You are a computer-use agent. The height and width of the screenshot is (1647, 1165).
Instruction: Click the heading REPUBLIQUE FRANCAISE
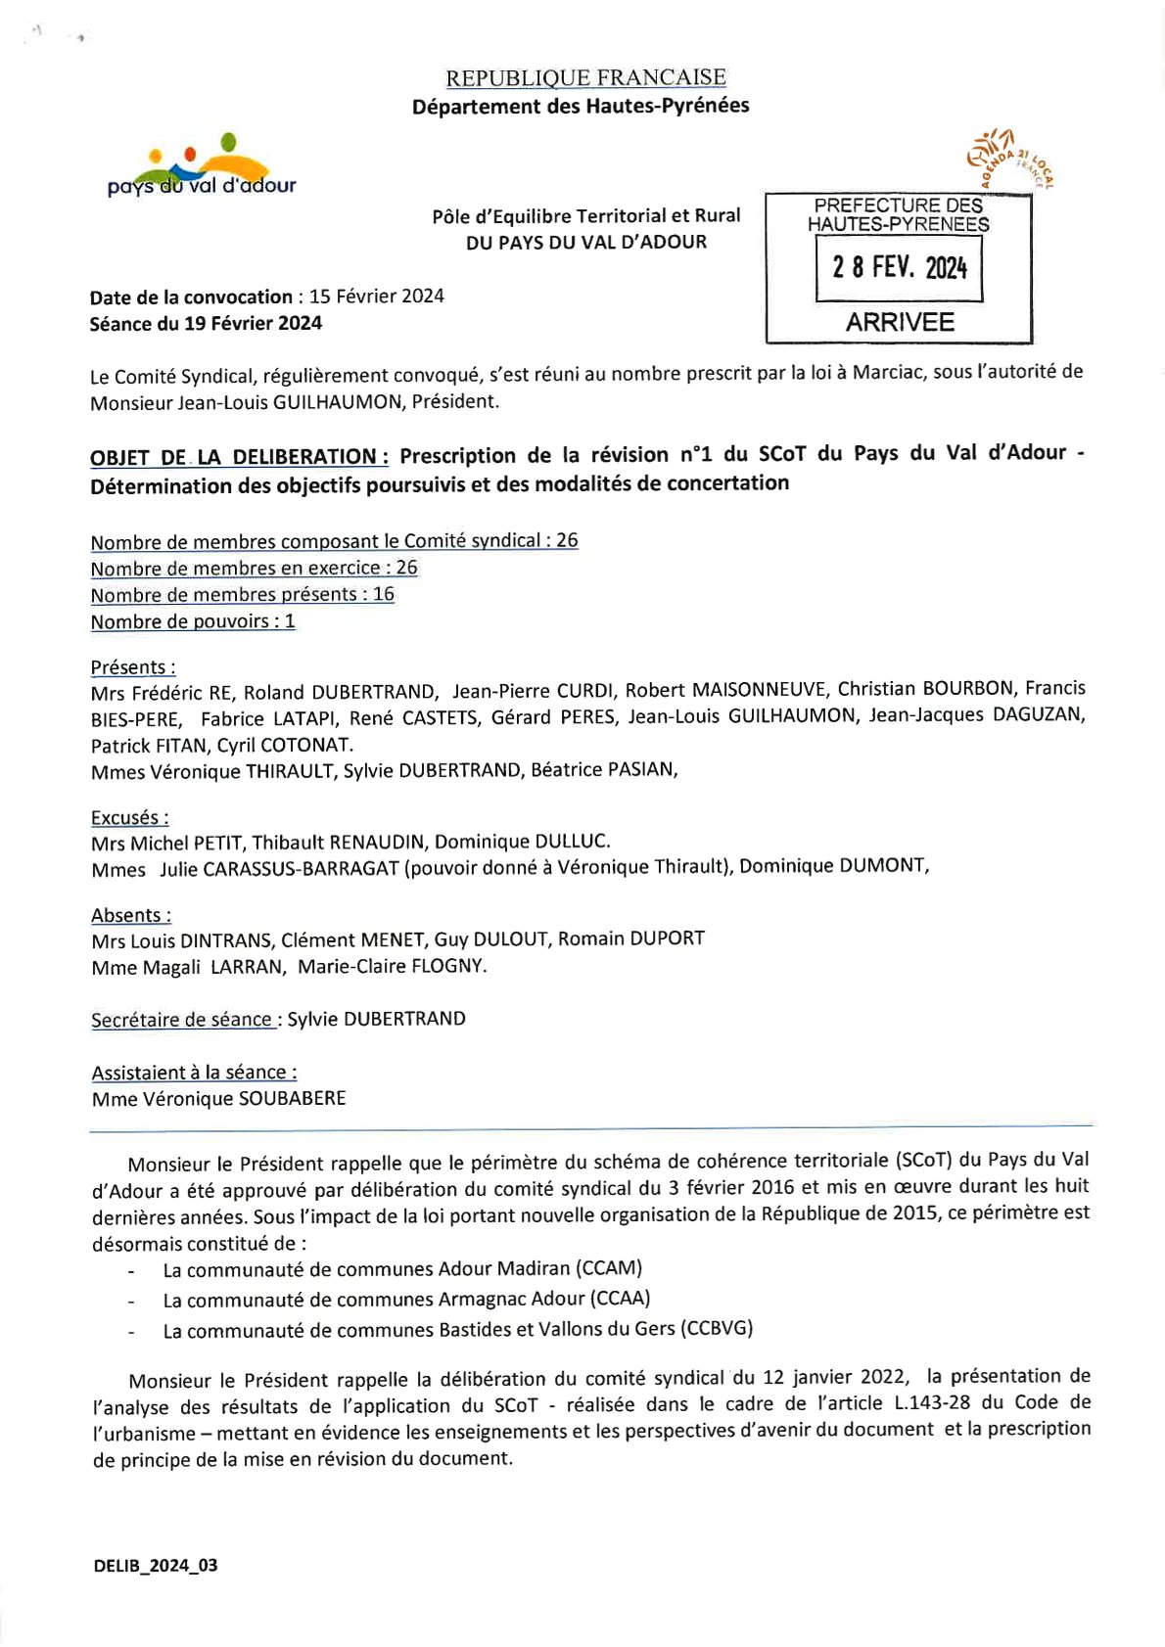coord(585,77)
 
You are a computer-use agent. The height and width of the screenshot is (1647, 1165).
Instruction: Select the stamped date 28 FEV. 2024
coord(899,267)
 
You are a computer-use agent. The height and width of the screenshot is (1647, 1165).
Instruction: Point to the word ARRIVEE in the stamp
coord(899,322)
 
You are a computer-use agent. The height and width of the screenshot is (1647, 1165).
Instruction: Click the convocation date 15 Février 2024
coord(376,296)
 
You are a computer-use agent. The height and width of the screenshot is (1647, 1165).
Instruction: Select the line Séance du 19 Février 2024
coord(206,323)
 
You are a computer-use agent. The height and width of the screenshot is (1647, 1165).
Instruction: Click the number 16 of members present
coord(383,594)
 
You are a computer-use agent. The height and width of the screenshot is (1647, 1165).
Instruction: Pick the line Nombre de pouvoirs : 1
coord(193,621)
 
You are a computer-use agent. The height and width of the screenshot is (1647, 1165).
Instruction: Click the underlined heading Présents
coord(133,667)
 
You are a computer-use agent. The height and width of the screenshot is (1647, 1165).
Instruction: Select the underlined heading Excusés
coord(129,817)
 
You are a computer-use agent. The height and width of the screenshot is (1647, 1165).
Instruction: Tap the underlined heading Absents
coord(131,915)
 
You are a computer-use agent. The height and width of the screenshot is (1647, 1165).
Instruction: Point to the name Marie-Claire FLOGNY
coord(392,966)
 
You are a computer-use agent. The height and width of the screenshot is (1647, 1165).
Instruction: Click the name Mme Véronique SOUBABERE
coord(218,1099)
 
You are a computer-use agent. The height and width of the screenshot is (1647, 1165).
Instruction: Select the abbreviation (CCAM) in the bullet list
coord(609,1268)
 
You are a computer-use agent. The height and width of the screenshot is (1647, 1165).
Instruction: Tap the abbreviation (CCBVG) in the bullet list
coord(719,1328)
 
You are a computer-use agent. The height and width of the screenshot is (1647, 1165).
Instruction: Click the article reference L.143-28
coord(932,1402)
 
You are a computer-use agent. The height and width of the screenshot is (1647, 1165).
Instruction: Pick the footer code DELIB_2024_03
coord(156,1566)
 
